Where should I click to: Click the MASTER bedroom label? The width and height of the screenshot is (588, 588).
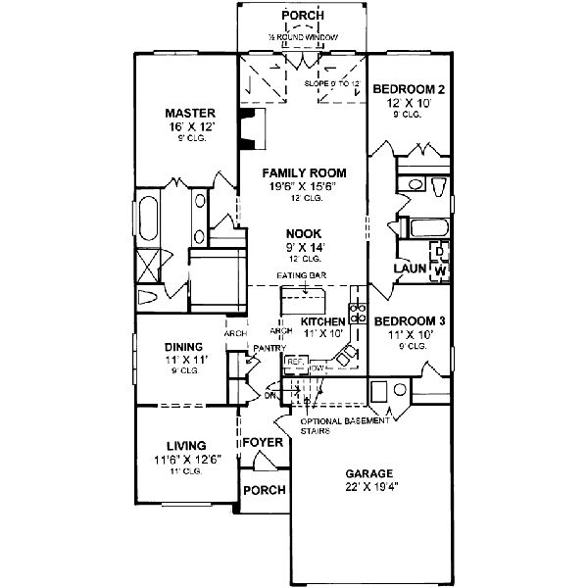click(190, 113)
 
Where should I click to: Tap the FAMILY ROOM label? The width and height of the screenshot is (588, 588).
click(305, 173)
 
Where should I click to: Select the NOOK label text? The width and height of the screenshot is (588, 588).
click(305, 234)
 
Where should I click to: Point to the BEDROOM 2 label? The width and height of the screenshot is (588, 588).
click(410, 90)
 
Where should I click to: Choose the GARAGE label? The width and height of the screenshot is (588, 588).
click(367, 469)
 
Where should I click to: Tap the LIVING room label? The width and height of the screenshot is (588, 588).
click(184, 445)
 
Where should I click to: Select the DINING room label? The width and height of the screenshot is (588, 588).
click(184, 346)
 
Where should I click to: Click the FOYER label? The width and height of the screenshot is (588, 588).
click(263, 442)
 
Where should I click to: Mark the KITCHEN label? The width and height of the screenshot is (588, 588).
click(322, 321)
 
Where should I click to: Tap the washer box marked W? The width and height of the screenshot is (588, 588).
click(440, 269)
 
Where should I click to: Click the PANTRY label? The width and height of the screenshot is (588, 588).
click(268, 348)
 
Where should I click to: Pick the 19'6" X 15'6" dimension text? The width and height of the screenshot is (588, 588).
click(305, 186)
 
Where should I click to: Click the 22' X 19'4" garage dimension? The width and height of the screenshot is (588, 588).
click(367, 482)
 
